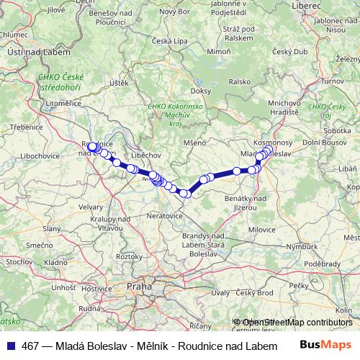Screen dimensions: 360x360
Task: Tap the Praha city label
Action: tap(138, 286)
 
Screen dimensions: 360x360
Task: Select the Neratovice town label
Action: tap(167, 215)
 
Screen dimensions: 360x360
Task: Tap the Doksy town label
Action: tap(201, 91)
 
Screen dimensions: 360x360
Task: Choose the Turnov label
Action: tap(332, 81)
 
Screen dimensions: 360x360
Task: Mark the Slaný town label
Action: tap(51, 228)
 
